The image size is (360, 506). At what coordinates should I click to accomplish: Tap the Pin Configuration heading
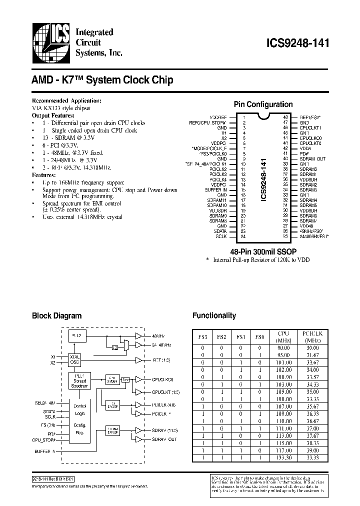pyautogui.click(x=263, y=104)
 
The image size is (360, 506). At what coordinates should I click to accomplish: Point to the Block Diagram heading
pyautogui.click(x=56, y=315)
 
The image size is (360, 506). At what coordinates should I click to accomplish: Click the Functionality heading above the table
pyautogui.click(x=214, y=315)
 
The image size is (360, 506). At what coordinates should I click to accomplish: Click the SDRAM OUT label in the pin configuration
pyautogui.click(x=312, y=159)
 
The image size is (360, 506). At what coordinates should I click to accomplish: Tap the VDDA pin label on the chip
pyautogui.click(x=305, y=148)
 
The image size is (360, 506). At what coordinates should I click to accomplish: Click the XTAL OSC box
pyautogui.click(x=74, y=359)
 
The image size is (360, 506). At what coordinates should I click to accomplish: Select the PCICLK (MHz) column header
pyautogui.click(x=311, y=336)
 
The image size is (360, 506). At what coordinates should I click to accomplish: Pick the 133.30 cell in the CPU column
pyautogui.click(x=283, y=457)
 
